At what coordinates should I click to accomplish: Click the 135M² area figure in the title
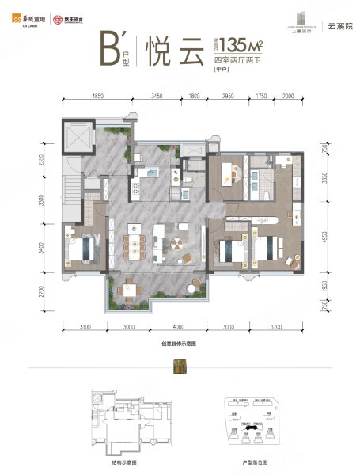(241, 44)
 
